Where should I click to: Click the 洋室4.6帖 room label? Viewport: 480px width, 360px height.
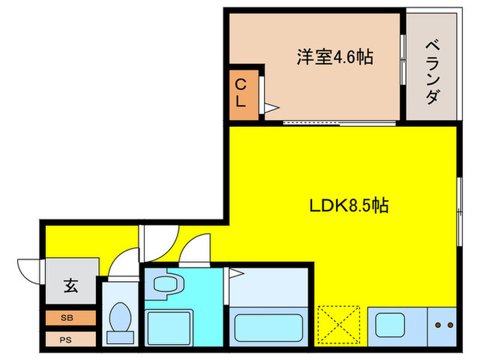335,58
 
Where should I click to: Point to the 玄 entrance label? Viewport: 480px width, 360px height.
71,285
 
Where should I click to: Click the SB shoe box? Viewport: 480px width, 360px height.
70,318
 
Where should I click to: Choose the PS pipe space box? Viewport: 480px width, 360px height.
70,339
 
